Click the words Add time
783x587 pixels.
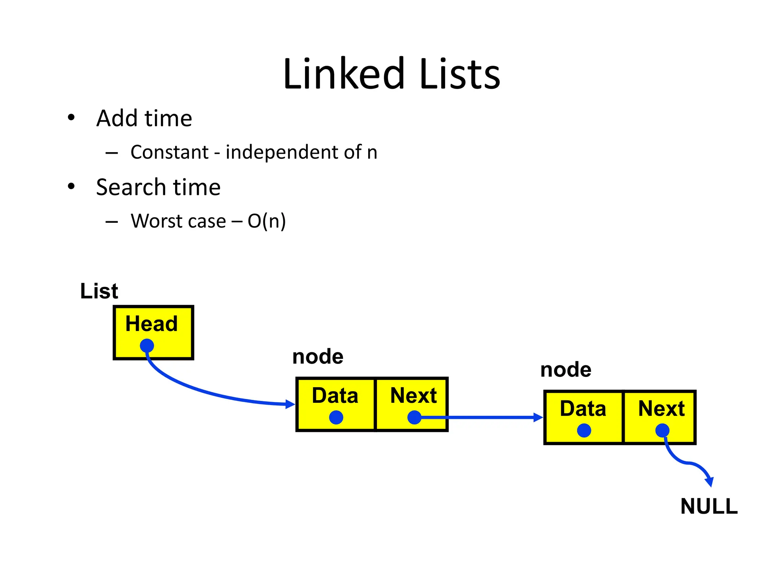coord(144,118)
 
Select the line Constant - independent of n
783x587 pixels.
coord(253,152)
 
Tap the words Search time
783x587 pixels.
coord(158,187)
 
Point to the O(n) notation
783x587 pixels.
coord(266,221)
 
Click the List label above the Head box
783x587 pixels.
coord(99,291)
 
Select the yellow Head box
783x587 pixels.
coord(154,332)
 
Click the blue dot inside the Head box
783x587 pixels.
coord(147,346)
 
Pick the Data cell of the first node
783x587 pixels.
coord(336,404)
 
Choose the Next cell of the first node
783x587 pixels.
coord(412,404)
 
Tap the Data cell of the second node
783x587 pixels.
coord(583,417)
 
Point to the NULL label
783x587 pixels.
coord(709,506)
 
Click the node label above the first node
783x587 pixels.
coord(318,357)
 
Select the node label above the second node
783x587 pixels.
coord(566,370)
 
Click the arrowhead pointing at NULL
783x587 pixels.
coord(710,482)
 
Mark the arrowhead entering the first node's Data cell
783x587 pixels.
coord(291,404)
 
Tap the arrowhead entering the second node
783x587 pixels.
coord(538,417)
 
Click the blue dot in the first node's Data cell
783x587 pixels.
coord(336,417)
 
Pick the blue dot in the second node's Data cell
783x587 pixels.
coord(584,430)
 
